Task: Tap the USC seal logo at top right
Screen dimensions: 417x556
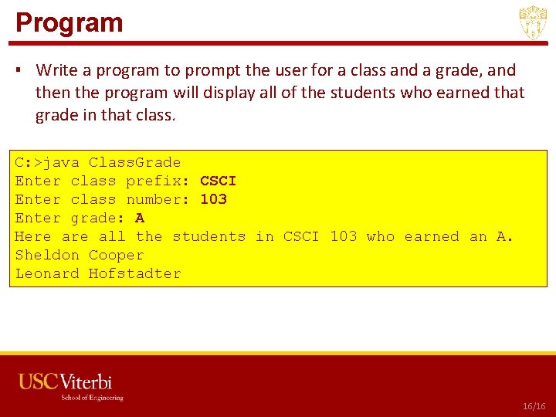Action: tap(533, 23)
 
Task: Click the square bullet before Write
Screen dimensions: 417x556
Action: tap(19, 71)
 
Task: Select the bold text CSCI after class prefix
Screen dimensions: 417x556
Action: tap(218, 181)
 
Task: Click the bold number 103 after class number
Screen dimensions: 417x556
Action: tap(213, 199)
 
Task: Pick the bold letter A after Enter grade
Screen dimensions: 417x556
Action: tap(140, 218)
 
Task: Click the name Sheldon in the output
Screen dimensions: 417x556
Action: tap(47, 255)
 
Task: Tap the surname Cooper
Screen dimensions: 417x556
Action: tap(117, 255)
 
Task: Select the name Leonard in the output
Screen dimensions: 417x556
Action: tap(47, 273)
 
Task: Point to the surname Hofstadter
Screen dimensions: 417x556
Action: tap(135, 273)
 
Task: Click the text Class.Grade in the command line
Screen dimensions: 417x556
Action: tap(134, 162)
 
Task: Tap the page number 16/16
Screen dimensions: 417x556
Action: tap(534, 405)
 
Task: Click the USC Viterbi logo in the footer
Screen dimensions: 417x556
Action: tap(66, 381)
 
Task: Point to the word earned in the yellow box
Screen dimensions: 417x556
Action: tap(432, 236)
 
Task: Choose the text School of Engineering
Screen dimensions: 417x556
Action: tap(93, 398)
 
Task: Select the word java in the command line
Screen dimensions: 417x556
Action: tap(61, 162)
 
